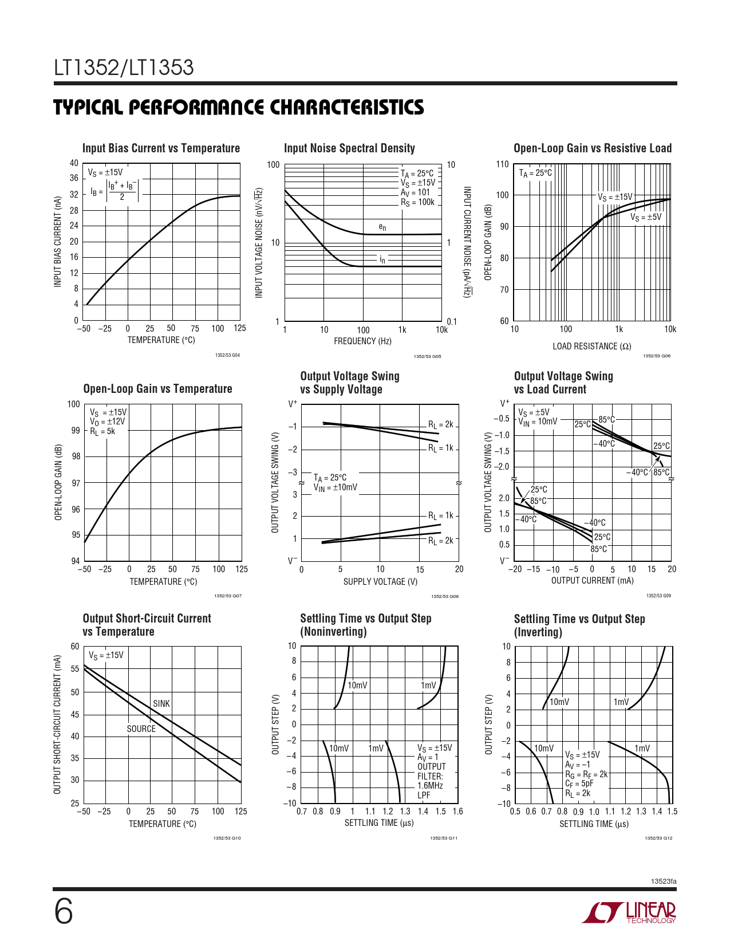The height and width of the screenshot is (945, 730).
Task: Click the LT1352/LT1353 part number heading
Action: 124,68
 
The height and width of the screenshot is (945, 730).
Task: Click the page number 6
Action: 64,912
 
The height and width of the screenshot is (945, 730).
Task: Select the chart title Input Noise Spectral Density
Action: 349,148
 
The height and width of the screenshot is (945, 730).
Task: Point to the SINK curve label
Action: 161,703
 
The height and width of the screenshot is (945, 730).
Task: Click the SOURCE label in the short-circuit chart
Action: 141,729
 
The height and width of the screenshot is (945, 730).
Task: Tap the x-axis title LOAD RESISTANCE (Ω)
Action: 591,346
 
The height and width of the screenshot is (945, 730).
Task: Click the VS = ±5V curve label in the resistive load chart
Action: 646,218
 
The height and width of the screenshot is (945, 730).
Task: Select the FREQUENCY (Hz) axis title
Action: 362,341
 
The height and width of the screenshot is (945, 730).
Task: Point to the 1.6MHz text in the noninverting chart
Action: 430,786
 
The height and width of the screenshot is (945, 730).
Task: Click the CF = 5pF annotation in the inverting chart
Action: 579,783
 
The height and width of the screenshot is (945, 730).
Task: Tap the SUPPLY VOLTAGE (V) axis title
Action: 380,582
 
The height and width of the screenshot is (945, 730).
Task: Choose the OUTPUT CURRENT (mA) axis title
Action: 592,581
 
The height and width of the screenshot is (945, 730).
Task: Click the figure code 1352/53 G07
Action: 228,596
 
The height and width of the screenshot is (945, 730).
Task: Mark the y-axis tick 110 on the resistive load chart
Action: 502,165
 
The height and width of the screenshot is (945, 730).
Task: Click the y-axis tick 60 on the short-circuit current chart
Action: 75,647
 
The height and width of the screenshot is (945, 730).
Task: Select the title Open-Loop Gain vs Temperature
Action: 157,389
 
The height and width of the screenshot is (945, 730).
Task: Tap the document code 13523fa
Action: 664,881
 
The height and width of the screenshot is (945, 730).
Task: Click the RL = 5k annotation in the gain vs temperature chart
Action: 102,431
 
